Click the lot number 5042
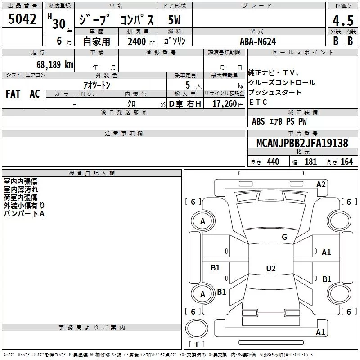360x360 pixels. tap(22, 19)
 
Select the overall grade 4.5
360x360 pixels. tap(343, 20)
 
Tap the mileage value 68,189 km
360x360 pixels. tap(54, 65)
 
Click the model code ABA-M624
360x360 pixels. tap(258, 41)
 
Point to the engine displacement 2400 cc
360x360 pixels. tap(141, 41)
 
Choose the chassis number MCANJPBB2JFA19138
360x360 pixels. tap(302, 143)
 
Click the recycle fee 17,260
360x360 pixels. tap(224, 104)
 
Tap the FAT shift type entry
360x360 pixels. tap(13, 94)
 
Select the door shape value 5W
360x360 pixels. tap(174, 20)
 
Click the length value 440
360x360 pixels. tap(273, 162)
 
